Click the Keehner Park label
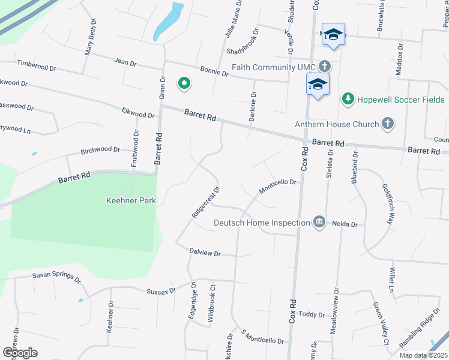131,201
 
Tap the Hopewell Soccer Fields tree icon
348,98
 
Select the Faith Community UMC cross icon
324,67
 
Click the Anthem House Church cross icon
388,124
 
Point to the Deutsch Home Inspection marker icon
319,223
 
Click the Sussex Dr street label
161,290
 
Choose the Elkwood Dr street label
138,113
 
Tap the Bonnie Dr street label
214,71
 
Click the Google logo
20,353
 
